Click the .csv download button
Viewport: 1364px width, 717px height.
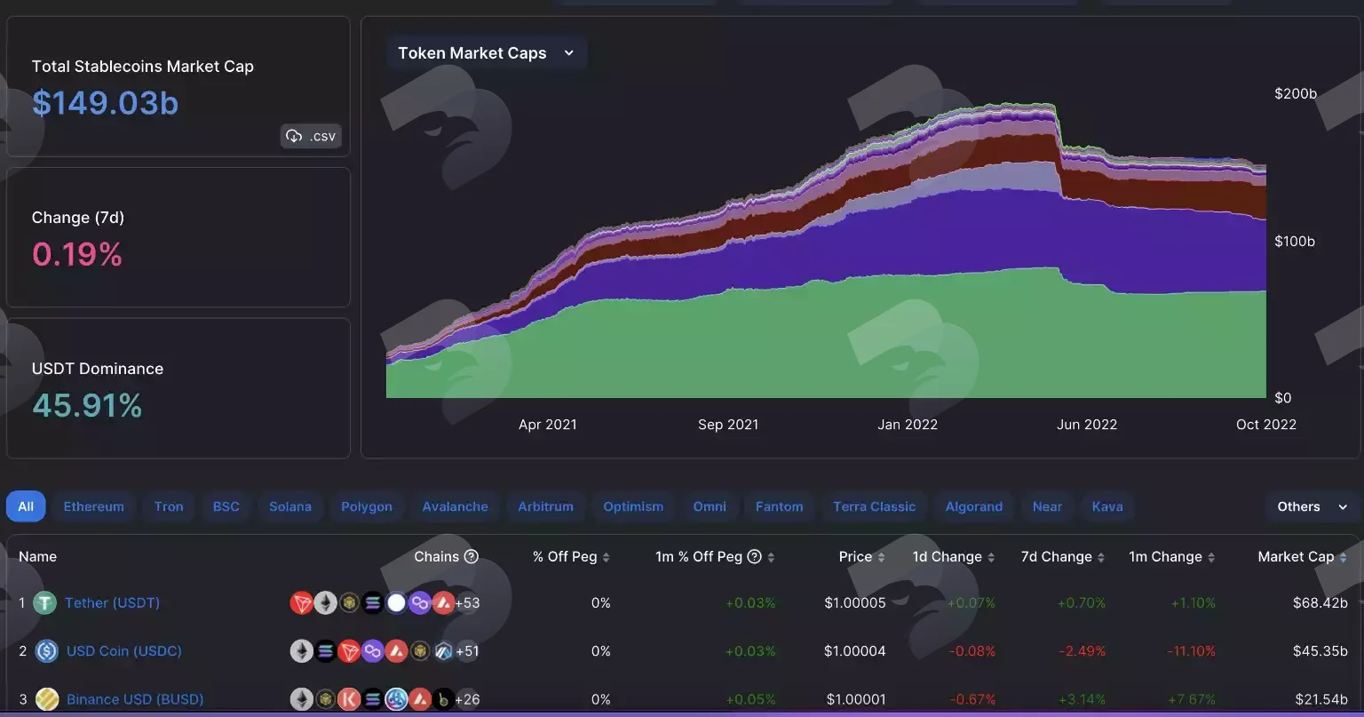(311, 136)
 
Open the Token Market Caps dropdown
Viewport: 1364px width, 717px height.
(486, 53)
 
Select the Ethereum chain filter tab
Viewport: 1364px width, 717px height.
(94, 506)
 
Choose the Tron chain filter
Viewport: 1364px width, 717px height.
(169, 506)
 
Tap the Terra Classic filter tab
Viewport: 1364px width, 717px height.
(874, 506)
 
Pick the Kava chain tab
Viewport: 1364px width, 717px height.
(1107, 506)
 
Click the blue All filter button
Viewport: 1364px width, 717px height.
(26, 506)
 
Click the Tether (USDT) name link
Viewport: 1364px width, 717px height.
(112, 602)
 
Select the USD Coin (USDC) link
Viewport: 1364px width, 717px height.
(123, 650)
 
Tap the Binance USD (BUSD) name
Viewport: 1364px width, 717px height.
(135, 698)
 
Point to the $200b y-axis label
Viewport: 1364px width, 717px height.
(1296, 93)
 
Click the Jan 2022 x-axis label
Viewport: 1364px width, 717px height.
(908, 424)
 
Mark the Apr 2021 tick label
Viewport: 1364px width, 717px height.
(547, 424)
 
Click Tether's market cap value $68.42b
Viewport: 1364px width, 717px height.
(1320, 602)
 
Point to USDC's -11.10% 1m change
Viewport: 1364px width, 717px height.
(1191, 650)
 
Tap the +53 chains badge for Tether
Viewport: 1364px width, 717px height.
(467, 602)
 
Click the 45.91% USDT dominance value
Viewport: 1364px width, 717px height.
(87, 406)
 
